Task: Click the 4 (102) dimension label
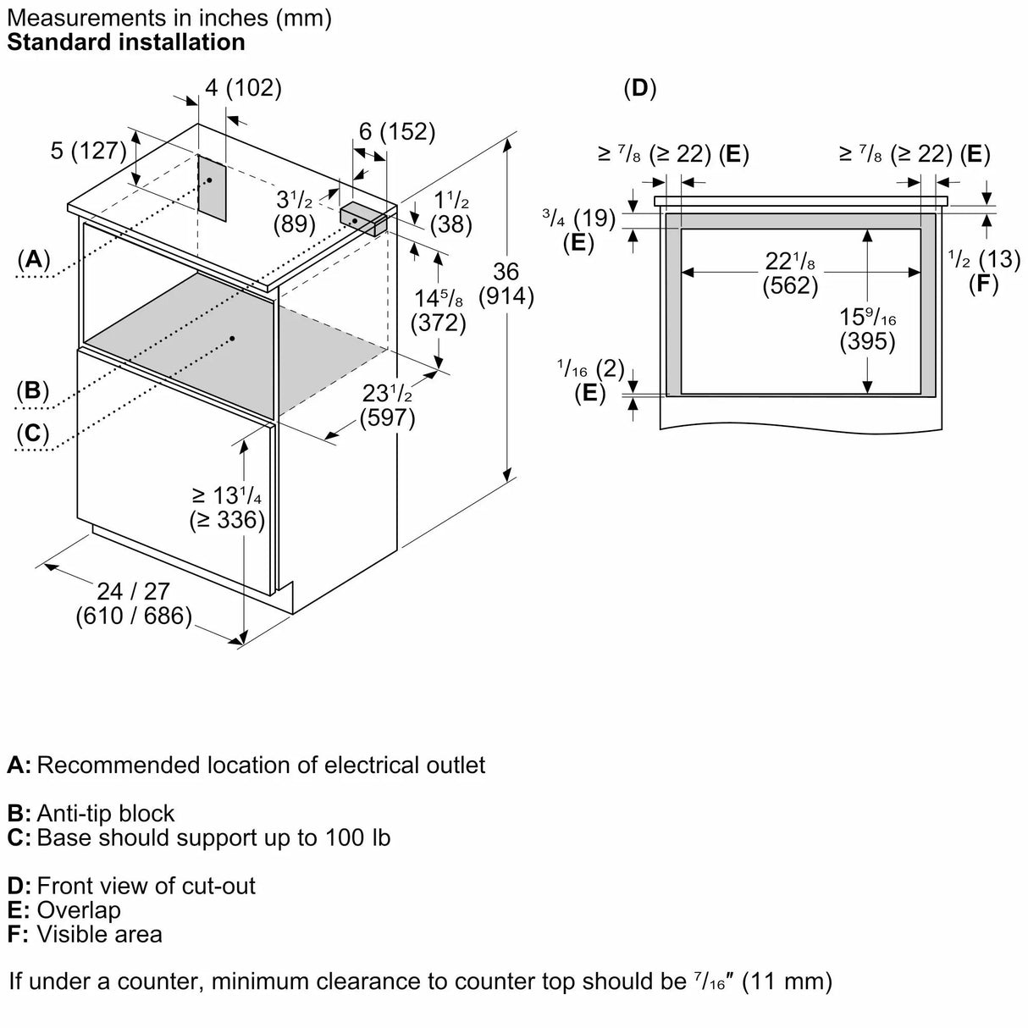(x=244, y=88)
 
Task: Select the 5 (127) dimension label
(x=88, y=151)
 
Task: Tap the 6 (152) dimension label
(x=396, y=131)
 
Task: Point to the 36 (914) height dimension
(x=506, y=284)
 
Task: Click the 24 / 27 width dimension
(x=133, y=603)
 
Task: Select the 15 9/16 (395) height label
(x=867, y=329)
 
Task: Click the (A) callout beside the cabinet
(x=33, y=259)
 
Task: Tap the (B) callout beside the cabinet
(x=33, y=390)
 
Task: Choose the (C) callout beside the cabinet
(x=33, y=433)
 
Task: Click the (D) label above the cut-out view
(x=640, y=88)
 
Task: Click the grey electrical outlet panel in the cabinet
(x=212, y=185)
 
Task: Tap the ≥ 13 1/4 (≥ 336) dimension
(x=227, y=507)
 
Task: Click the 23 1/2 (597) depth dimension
(x=387, y=406)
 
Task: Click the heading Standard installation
(x=126, y=41)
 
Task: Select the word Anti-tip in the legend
(x=74, y=813)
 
